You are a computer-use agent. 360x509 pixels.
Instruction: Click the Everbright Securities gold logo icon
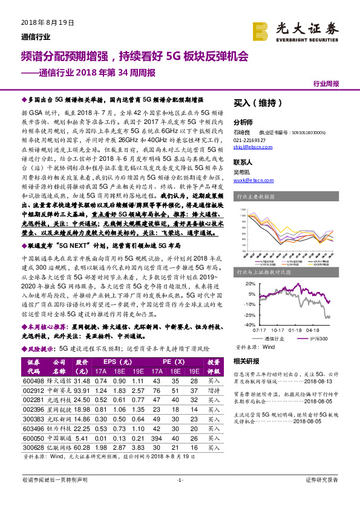261,30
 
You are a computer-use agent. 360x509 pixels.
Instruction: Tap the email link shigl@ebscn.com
249,146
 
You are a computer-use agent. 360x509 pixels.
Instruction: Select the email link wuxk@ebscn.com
249,180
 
